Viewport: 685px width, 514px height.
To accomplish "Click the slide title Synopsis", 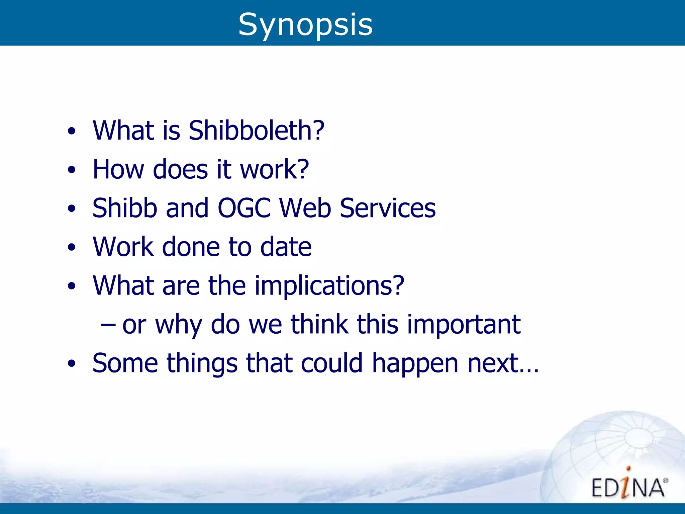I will tap(305, 25).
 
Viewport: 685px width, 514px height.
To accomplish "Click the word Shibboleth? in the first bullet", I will tap(256, 131).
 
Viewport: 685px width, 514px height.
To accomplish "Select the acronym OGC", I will tap(244, 208).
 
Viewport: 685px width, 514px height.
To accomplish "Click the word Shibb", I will tap(125, 208).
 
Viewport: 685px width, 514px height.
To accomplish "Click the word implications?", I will tap(329, 286).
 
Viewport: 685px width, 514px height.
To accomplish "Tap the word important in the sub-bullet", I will tap(464, 325).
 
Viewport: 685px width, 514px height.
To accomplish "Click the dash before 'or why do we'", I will tap(108, 325).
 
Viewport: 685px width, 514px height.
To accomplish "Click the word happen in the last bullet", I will tap(415, 364).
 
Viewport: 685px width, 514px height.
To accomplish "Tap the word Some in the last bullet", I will tap(125, 363).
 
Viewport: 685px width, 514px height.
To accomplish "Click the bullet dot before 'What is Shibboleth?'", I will tap(71, 131).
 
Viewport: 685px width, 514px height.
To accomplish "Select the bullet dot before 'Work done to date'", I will tap(71, 248).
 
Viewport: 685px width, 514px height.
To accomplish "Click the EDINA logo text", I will tap(628, 487).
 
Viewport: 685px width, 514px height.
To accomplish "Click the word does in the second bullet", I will tap(180, 169).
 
